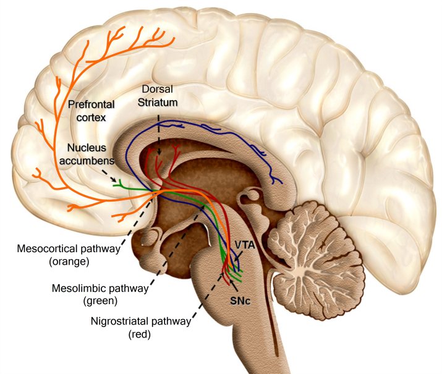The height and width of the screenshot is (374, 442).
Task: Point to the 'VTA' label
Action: pos(245,245)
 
